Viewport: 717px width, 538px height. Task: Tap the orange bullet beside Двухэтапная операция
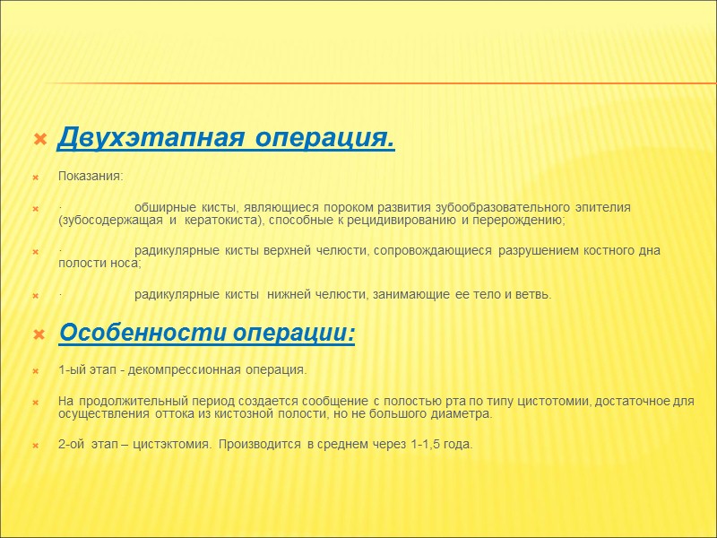pyautogui.click(x=39, y=140)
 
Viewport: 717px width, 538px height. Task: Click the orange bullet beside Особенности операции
pyautogui.click(x=39, y=335)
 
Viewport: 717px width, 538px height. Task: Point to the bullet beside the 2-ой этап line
pyautogui.click(x=38, y=446)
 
